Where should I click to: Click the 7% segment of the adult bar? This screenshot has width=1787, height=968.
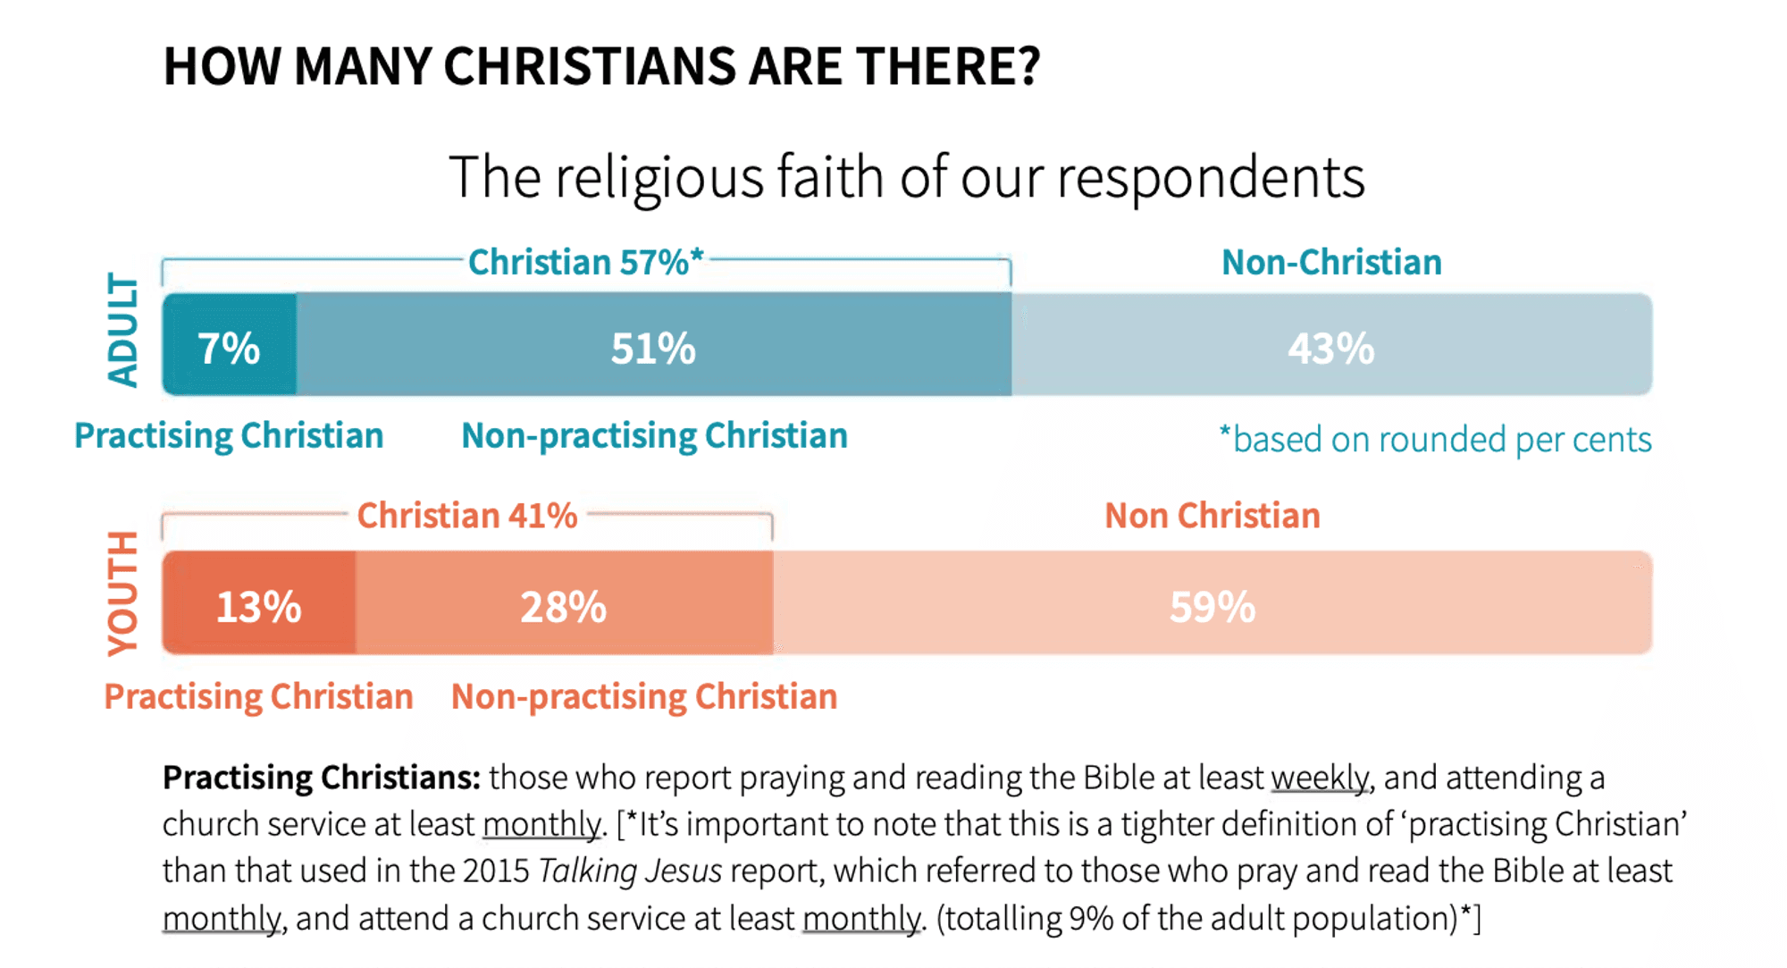point(229,347)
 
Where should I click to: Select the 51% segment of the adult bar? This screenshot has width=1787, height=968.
point(653,347)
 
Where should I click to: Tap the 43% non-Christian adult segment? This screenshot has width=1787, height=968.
point(1331,347)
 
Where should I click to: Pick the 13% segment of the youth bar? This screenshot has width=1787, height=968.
point(259,605)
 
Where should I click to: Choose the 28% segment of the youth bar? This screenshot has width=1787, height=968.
point(564,605)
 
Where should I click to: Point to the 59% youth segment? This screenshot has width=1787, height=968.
point(1212,605)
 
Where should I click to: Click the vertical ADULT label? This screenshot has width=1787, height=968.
point(123,330)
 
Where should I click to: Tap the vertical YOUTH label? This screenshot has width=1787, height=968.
point(123,593)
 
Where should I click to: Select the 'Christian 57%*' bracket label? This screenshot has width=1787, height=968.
point(586,262)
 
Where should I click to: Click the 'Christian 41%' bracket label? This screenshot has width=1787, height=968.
point(467,516)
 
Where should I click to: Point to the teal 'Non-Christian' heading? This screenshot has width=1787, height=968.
point(1331,262)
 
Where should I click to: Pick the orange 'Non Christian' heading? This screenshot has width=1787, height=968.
point(1212,516)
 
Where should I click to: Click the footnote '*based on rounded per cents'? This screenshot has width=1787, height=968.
point(1435,439)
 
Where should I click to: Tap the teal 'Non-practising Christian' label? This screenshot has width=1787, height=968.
point(654,435)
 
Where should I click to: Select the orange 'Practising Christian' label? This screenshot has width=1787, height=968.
point(258,696)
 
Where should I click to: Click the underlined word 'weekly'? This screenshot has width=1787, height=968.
point(1320,778)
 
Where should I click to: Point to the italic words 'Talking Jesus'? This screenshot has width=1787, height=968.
point(630,871)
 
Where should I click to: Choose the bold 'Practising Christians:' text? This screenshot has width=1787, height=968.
point(322,778)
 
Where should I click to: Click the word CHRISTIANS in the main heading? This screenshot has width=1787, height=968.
point(591,66)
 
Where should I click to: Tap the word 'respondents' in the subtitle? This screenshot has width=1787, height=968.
point(1211,177)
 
